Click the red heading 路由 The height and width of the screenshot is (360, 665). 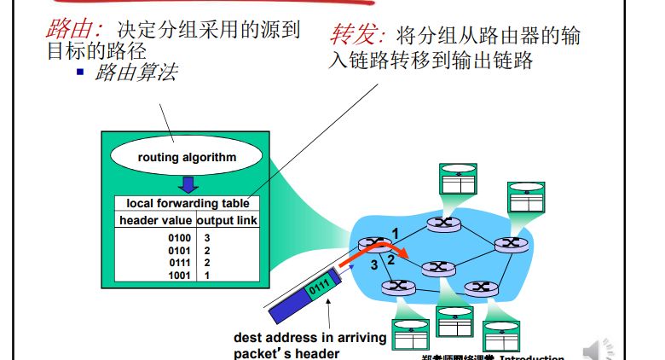72,28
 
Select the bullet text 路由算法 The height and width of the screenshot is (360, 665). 137,73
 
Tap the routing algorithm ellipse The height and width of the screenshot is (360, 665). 187,157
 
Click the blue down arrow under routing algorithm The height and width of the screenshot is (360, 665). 188,183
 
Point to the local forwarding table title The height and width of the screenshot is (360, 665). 188,203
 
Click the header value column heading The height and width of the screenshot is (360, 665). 155,220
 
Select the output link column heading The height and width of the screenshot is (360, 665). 228,220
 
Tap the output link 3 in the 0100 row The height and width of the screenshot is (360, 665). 207,237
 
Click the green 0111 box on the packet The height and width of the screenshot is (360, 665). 316,284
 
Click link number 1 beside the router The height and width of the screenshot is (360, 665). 395,232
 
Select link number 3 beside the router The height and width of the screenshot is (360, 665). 373,265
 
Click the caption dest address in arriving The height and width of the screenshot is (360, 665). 309,338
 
